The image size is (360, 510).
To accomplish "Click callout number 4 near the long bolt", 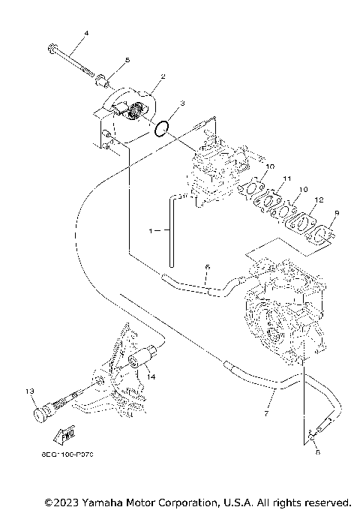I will tap(86, 34).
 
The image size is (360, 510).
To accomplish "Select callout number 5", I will tap(127, 60).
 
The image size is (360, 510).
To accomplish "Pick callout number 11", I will tap(285, 178).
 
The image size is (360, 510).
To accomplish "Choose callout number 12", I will tap(319, 200).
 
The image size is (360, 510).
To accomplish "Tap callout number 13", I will tap(30, 391).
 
